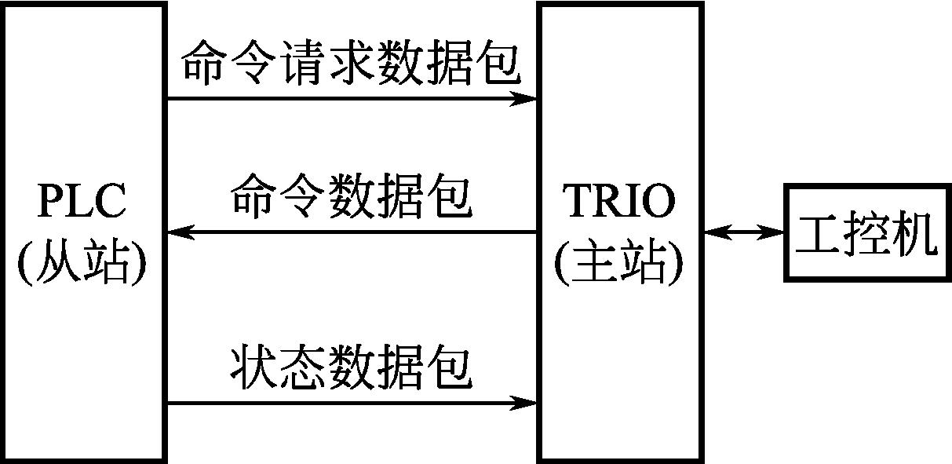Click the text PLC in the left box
point(82,203)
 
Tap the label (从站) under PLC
point(82,265)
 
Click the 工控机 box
point(866,232)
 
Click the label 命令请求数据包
point(351,64)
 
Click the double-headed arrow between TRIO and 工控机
point(743,232)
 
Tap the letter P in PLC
point(50,203)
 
